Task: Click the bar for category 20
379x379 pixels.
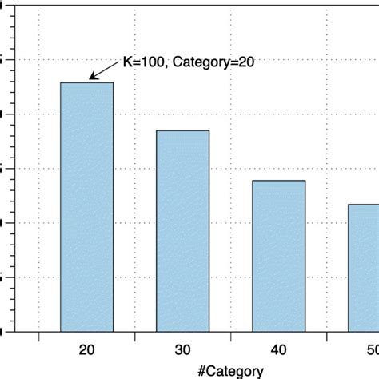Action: point(87,206)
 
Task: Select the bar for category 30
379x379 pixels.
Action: point(182,230)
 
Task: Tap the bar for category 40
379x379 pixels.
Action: point(279,255)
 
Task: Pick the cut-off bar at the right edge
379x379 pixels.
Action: point(364,267)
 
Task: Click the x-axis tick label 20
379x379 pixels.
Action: point(87,349)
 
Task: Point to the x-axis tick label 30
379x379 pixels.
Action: point(182,349)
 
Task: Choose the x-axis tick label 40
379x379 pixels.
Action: point(279,349)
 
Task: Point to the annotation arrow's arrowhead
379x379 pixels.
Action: point(91,78)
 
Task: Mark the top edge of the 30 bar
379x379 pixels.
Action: point(182,130)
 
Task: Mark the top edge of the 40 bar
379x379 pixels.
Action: point(279,181)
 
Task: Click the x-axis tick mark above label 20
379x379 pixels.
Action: point(87,334)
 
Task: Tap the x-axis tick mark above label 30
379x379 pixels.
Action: point(182,334)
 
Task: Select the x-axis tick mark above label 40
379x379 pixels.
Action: point(279,334)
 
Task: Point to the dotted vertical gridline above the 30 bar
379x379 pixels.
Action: point(182,80)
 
